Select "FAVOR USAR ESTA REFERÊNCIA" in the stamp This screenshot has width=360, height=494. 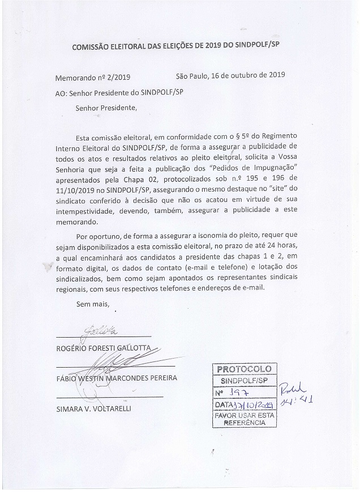[245, 419]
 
